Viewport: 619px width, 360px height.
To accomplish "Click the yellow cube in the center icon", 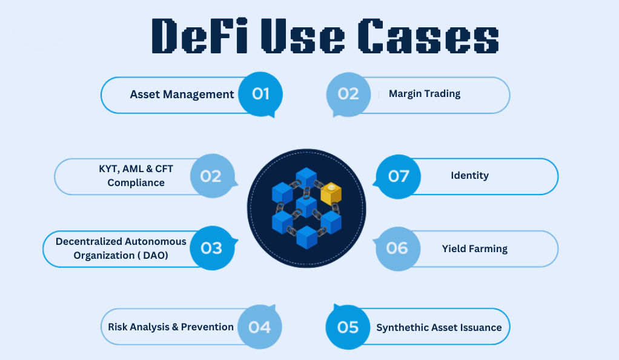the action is pos(331,193).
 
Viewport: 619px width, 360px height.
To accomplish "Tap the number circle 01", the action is pos(260,94).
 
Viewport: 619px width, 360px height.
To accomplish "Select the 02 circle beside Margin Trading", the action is pos(348,95).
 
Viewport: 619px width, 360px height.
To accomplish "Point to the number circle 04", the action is pos(260,327).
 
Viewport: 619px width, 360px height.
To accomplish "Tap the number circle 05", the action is pos(348,327).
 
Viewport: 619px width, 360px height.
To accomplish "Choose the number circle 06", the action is pos(397,248).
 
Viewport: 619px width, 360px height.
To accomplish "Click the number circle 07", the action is pos(398,176).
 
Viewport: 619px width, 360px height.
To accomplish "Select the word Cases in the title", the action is pos(428,36).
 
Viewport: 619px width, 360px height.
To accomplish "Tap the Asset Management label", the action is pos(182,95).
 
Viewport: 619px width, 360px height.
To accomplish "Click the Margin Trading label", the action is pos(425,94).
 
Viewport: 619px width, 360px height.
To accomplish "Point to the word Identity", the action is pos(470,176).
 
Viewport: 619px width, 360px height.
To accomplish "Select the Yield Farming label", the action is pos(474,249).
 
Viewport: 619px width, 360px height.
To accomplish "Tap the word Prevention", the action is pos(207,327).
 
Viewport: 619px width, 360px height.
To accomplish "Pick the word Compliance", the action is pos(136,183).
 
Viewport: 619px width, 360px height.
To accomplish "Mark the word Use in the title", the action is pos(303,36).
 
